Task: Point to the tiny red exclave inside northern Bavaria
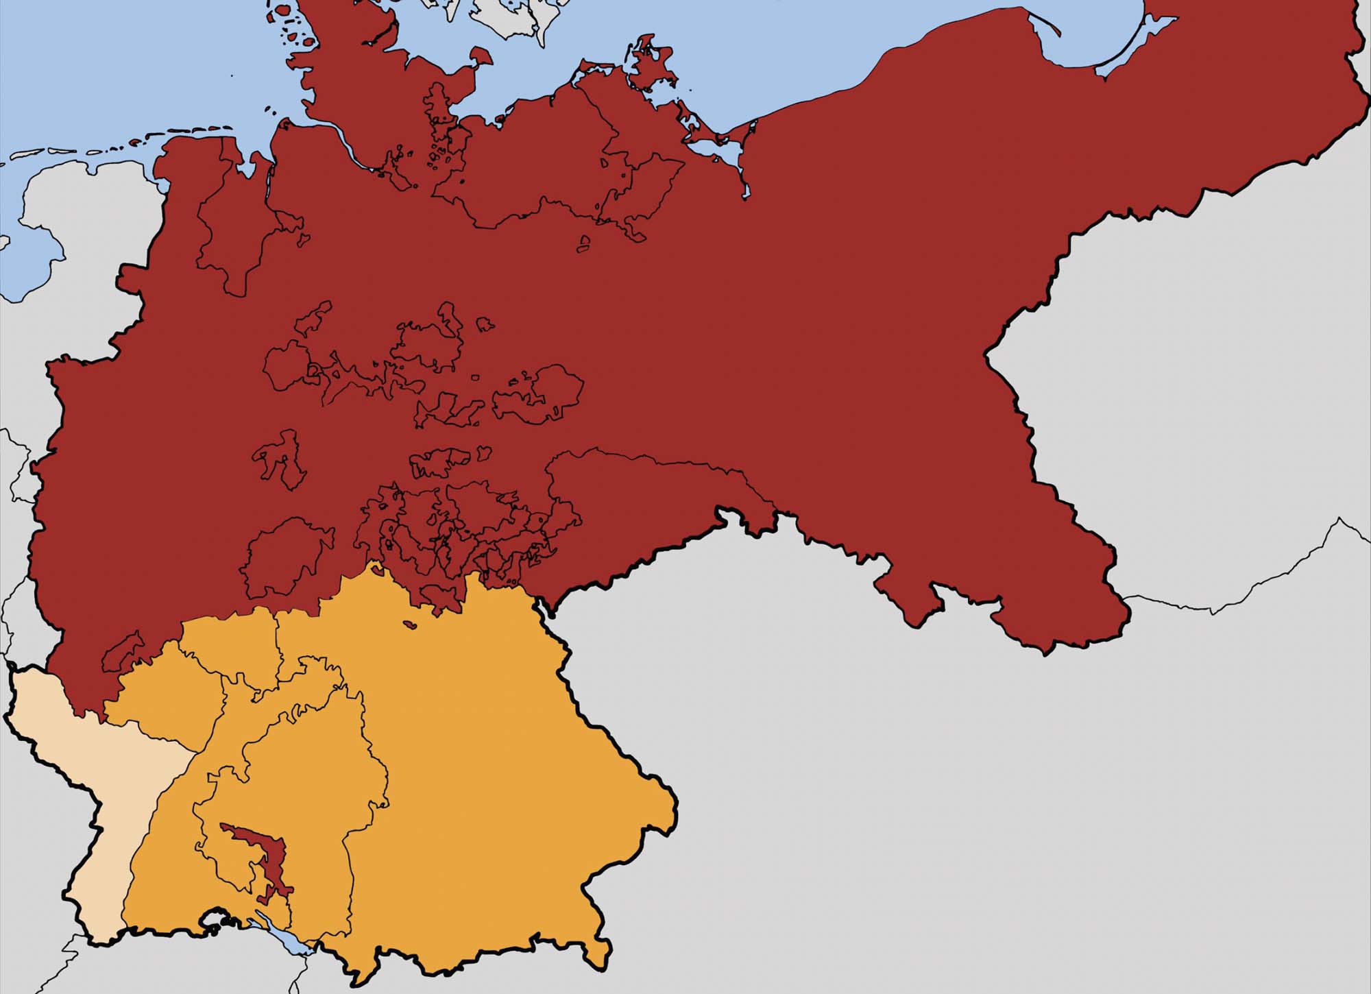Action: [x=410, y=625]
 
